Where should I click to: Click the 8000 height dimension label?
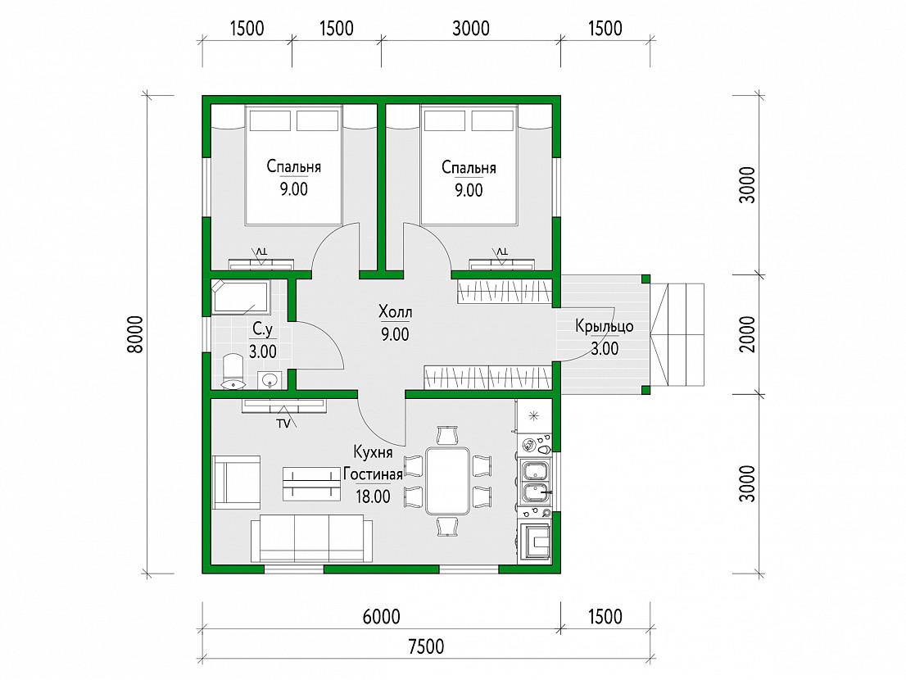click(x=134, y=334)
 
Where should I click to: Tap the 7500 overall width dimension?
click(x=426, y=646)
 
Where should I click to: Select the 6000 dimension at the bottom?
click(x=382, y=616)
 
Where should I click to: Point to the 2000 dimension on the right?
click(x=747, y=334)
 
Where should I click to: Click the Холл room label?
click(x=395, y=313)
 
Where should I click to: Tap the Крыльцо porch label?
click(x=605, y=327)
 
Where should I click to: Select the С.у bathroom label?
click(x=262, y=329)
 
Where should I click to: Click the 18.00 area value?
click(x=374, y=496)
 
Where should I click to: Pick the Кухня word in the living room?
click(x=374, y=451)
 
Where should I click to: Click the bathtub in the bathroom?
click(x=240, y=297)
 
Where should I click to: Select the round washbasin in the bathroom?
click(x=270, y=380)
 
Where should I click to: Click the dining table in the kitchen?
click(x=448, y=481)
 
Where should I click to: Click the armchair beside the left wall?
click(x=236, y=482)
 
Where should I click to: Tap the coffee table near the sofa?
click(x=310, y=483)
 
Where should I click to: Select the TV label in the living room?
click(x=283, y=424)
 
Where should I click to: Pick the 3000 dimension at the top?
click(x=471, y=29)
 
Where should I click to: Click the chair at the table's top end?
click(x=448, y=435)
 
